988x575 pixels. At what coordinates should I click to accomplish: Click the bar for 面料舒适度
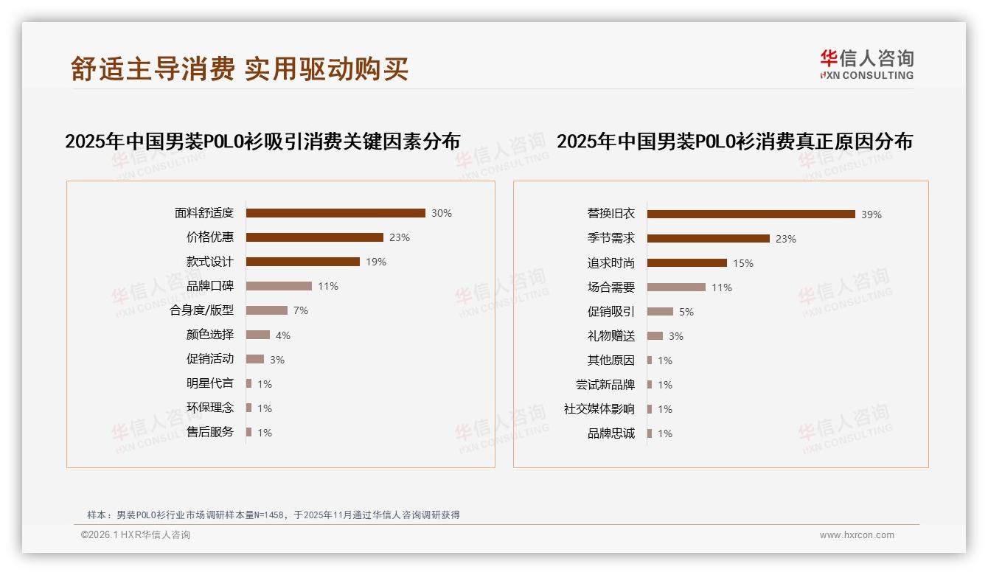(335, 213)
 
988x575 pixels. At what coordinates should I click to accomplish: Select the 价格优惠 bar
(315, 237)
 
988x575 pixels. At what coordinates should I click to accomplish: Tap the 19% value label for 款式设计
(375, 262)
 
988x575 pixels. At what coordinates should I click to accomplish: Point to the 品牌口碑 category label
(210, 286)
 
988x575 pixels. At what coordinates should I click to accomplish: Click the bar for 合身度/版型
(267, 310)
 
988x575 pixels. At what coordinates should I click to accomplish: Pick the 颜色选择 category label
(210, 335)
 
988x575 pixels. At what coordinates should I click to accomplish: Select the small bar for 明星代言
(249, 383)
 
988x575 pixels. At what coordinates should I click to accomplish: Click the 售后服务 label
(210, 432)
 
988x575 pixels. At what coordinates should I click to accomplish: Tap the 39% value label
(872, 215)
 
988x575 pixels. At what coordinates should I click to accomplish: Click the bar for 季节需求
(709, 239)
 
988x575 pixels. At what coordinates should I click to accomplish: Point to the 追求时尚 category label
(611, 263)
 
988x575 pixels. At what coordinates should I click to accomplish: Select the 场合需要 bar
(676, 287)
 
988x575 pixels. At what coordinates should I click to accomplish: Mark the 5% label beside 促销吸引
(686, 312)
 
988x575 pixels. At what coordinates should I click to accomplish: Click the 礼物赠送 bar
(655, 336)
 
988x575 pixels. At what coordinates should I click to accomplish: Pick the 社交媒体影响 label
(599, 409)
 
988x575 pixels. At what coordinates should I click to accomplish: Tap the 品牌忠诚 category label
(611, 433)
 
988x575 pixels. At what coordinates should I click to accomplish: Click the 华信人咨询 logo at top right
(866, 64)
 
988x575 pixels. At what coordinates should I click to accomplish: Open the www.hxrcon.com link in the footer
(857, 535)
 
